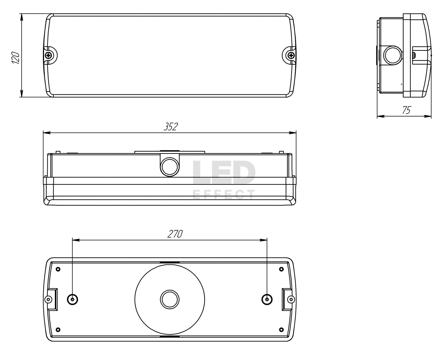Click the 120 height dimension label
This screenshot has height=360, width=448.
tap(15, 58)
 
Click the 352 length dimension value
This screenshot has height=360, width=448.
tap(171, 127)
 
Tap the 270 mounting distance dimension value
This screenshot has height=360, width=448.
tap(175, 234)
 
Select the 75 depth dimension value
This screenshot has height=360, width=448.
tap(407, 110)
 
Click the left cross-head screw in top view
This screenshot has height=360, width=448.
tap(49, 55)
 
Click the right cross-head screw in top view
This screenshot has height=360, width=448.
tap(291, 55)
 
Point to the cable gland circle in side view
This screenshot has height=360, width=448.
tap(393, 55)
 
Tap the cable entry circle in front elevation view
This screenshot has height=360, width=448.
tap(169, 167)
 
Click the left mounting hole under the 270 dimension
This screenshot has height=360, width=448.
tap(72, 300)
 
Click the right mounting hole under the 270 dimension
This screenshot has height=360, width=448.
tap(267, 300)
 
